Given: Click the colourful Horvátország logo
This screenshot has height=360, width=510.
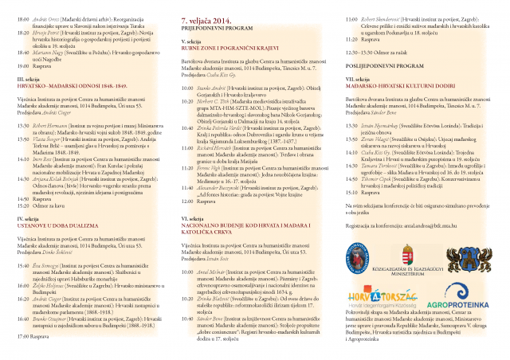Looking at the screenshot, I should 373,303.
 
